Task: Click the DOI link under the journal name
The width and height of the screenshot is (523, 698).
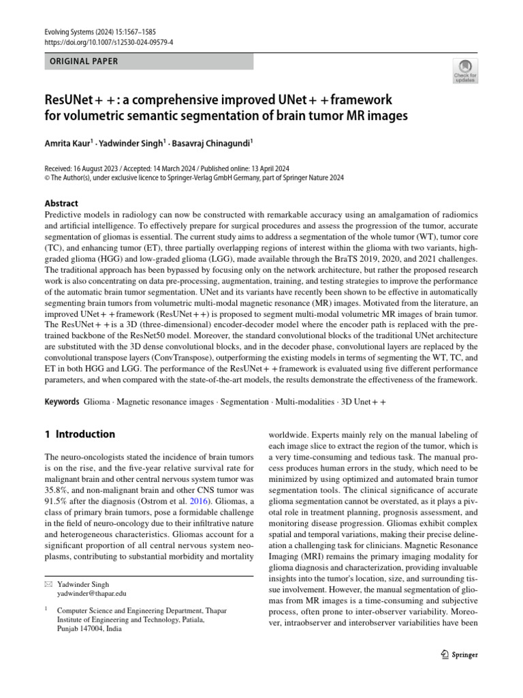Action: click(x=108, y=42)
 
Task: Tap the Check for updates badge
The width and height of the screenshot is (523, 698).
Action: click(x=465, y=70)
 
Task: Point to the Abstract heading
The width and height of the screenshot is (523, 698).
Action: click(x=61, y=203)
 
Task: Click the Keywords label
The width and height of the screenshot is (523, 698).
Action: click(x=62, y=402)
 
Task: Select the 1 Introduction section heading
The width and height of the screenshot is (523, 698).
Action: click(x=80, y=434)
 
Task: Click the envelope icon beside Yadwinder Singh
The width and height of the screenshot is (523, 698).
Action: click(x=48, y=584)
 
